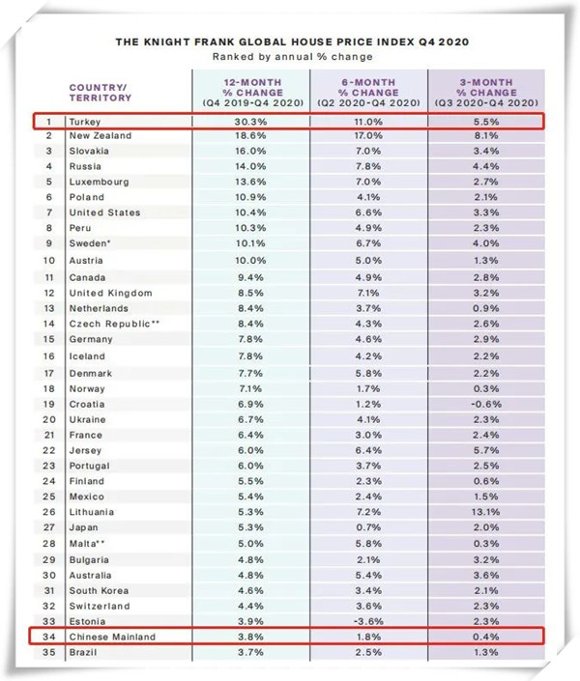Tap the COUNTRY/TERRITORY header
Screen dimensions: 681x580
(x=99, y=92)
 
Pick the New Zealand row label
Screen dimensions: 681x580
(x=100, y=136)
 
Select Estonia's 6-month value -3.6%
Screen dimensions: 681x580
(x=370, y=621)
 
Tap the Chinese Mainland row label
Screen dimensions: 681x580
(x=115, y=638)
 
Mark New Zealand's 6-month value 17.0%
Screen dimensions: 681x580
(x=370, y=136)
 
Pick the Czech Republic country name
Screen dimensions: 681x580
(x=108, y=324)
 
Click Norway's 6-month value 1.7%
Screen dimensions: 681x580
(x=370, y=387)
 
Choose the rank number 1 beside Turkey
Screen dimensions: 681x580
(x=45, y=121)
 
